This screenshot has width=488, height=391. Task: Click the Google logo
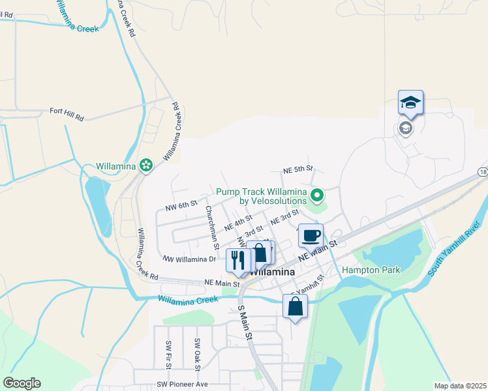pos(22,383)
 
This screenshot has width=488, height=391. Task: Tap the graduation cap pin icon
pos(410,103)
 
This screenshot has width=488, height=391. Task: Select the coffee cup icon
pos(311,235)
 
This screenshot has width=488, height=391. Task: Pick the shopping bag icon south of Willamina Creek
pos(295,306)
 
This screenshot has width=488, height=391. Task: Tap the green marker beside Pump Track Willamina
pos(317,194)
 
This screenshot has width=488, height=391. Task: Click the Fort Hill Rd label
pos(67,111)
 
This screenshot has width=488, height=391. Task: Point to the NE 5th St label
pos(298,169)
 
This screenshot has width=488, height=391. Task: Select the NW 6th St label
pos(181,207)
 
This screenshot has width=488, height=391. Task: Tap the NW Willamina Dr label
pos(189,259)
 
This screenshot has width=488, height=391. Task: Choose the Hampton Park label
pos(371,270)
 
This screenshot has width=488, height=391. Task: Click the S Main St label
pos(245,322)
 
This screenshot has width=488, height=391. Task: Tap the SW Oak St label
pos(196,351)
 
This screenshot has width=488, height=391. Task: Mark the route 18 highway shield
pos(482,171)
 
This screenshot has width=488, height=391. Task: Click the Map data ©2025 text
pos(459,386)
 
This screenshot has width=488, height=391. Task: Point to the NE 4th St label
pos(237,224)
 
